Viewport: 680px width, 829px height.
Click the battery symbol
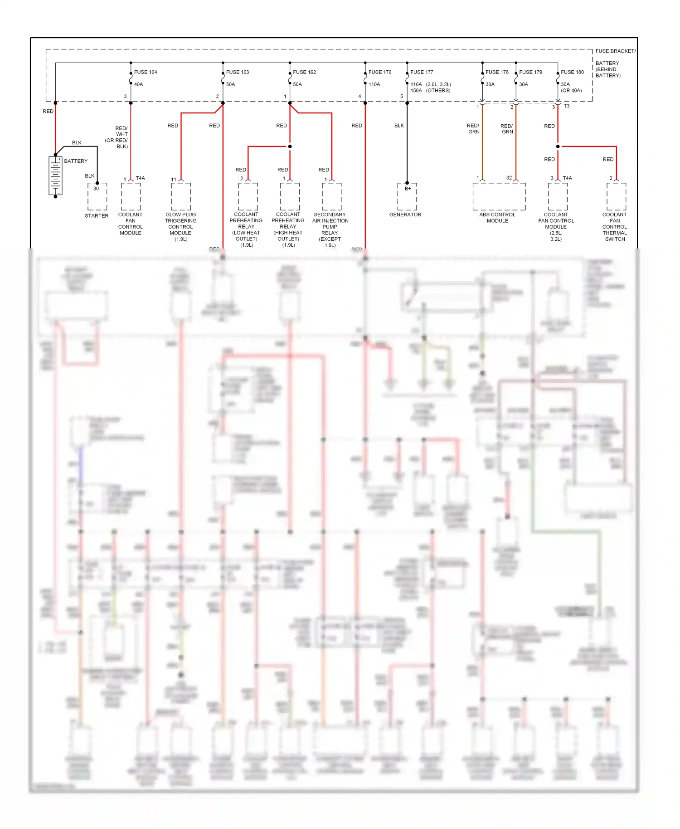tap(55, 176)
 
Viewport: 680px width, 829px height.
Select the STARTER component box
tap(97, 196)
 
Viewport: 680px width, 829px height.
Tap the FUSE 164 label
tap(146, 72)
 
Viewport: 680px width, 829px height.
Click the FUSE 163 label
tap(238, 72)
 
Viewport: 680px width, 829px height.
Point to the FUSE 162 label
tap(304, 72)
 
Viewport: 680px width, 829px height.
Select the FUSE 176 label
tap(380, 72)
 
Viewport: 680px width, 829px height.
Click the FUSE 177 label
tap(422, 72)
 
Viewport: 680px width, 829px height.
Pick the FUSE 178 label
tap(497, 72)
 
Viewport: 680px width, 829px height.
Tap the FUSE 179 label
tap(530, 72)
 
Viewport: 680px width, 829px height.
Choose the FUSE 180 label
tap(572, 72)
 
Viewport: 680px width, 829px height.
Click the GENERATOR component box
tap(407, 197)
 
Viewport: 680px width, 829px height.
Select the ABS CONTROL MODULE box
tap(499, 196)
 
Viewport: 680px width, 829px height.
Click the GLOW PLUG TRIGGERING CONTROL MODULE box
tap(181, 196)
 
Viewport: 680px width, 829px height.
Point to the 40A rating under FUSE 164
tap(139, 84)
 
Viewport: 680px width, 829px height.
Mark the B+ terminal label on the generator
tap(408, 189)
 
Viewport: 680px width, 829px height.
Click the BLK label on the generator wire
tap(399, 126)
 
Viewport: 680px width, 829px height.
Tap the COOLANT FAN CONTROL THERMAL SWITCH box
tap(616, 196)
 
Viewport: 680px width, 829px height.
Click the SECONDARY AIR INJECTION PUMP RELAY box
tap(331, 196)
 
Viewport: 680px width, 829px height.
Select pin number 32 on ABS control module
tap(509, 178)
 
